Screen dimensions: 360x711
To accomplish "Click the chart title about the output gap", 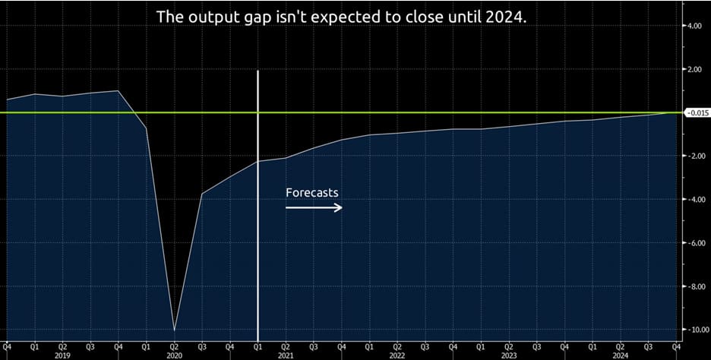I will coord(340,16).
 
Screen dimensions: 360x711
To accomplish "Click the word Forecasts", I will coord(312,193).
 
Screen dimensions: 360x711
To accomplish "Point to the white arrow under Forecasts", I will coord(314,207).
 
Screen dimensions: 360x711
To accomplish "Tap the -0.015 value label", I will coord(697,112).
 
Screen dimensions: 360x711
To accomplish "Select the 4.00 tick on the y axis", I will coord(694,26).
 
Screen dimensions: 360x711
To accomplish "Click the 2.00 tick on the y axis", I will coord(694,69).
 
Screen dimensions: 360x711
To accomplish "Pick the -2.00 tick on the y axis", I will coord(694,156).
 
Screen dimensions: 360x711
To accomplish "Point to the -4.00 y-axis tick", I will coord(694,199).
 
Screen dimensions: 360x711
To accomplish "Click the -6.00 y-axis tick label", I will coord(694,242).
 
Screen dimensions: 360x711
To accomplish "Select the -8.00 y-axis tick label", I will coord(694,286).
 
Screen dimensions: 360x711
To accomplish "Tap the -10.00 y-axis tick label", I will coord(695,329).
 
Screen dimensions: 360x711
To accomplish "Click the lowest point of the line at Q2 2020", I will coord(175,330).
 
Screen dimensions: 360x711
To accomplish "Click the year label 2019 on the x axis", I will coord(63,355).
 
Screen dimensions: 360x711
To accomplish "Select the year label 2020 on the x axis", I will coord(175,355).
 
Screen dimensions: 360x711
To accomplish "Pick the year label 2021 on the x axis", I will coord(286,355).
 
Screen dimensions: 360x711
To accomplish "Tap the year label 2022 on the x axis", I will coord(397,355).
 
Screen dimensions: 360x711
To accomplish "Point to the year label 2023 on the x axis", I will coord(509,355).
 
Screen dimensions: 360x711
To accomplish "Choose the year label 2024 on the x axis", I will coord(621,355).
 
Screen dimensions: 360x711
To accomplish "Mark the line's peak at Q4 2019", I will coord(118,90).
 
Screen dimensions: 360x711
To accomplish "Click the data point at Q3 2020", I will coord(202,194).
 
